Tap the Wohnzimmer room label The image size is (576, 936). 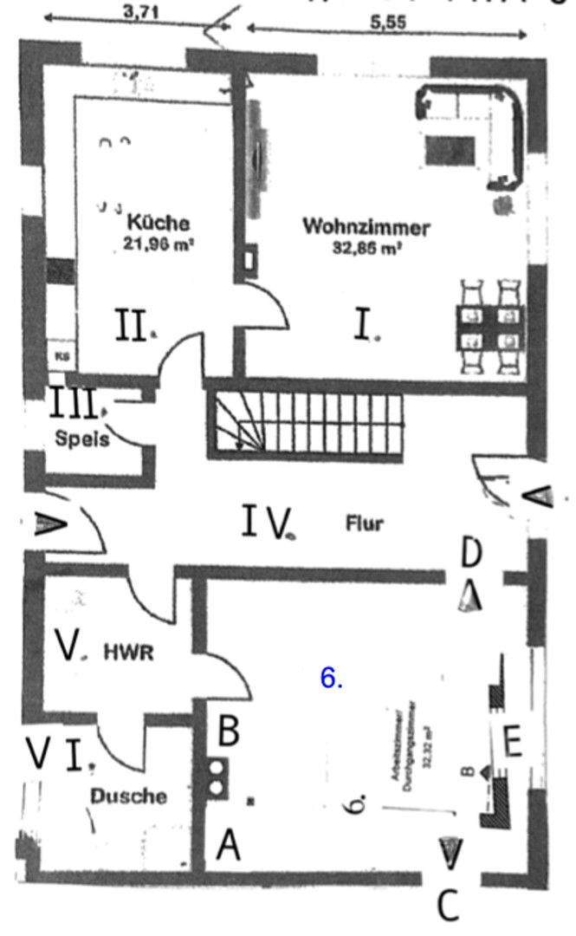tap(366, 228)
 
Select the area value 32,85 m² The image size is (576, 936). tap(367, 247)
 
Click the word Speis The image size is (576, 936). tap(83, 439)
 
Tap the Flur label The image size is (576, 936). tap(364, 523)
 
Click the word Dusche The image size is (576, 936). tap(128, 795)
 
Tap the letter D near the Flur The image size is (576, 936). tap(472, 551)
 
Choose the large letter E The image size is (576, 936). tap(513, 743)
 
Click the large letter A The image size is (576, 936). tap(229, 844)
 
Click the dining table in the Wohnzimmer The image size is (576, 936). tap(491, 327)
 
